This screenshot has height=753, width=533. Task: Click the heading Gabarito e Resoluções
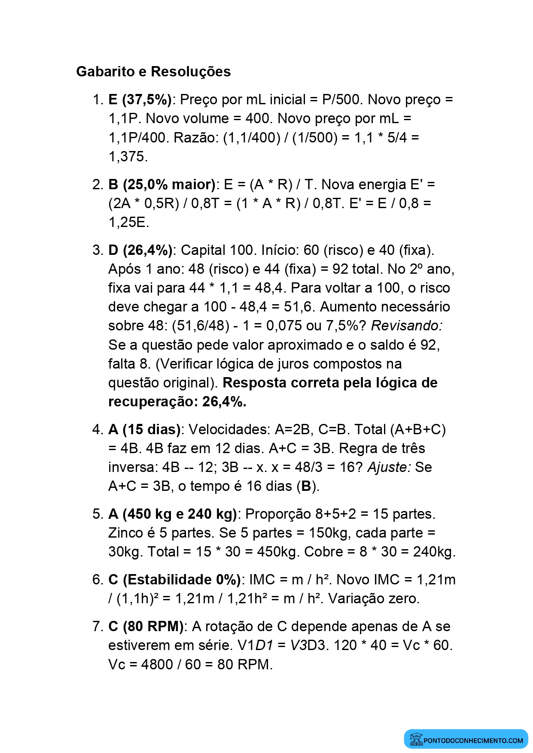click(x=153, y=72)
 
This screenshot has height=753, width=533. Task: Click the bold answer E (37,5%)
click(x=140, y=100)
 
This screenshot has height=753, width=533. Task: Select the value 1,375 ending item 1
click(x=128, y=157)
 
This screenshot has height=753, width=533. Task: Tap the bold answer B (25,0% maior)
click(x=162, y=184)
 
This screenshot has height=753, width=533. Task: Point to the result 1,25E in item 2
click(x=128, y=222)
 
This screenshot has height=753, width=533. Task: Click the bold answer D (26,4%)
click(x=140, y=250)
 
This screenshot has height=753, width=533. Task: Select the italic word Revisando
click(x=406, y=326)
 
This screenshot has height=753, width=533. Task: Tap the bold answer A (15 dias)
click(x=144, y=429)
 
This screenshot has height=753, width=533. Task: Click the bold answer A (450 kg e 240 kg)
click(x=173, y=514)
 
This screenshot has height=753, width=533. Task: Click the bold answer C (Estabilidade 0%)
click(x=174, y=580)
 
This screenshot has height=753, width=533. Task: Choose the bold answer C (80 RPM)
click(x=146, y=626)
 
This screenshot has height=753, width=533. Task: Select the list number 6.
click(x=97, y=580)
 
